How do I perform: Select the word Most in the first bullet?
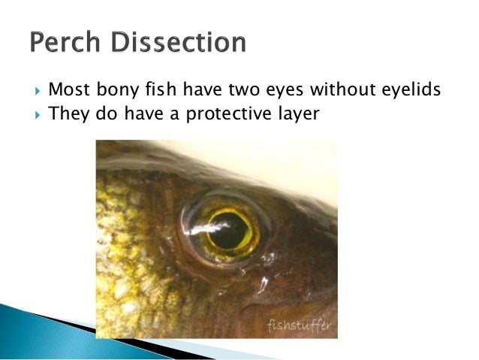tap(68, 90)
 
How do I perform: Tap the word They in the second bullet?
tap(68, 114)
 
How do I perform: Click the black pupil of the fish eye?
tap(227, 229)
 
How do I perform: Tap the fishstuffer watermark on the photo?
tap(299, 325)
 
